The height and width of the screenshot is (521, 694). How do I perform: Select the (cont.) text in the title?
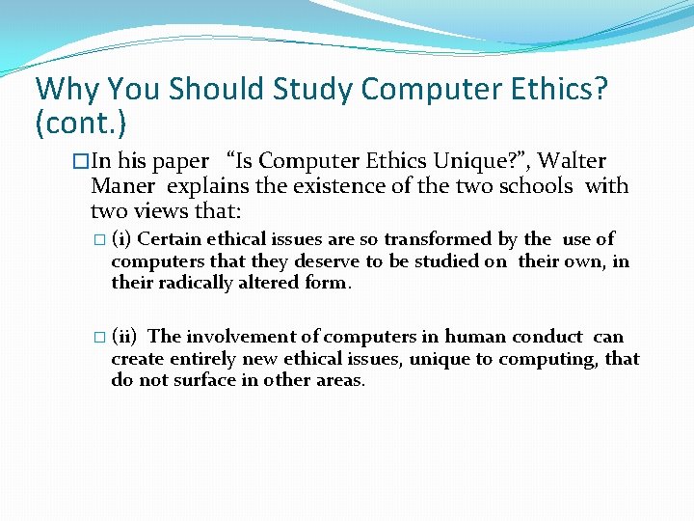[x=81, y=123]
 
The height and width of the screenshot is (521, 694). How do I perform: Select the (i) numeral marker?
[x=121, y=239]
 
